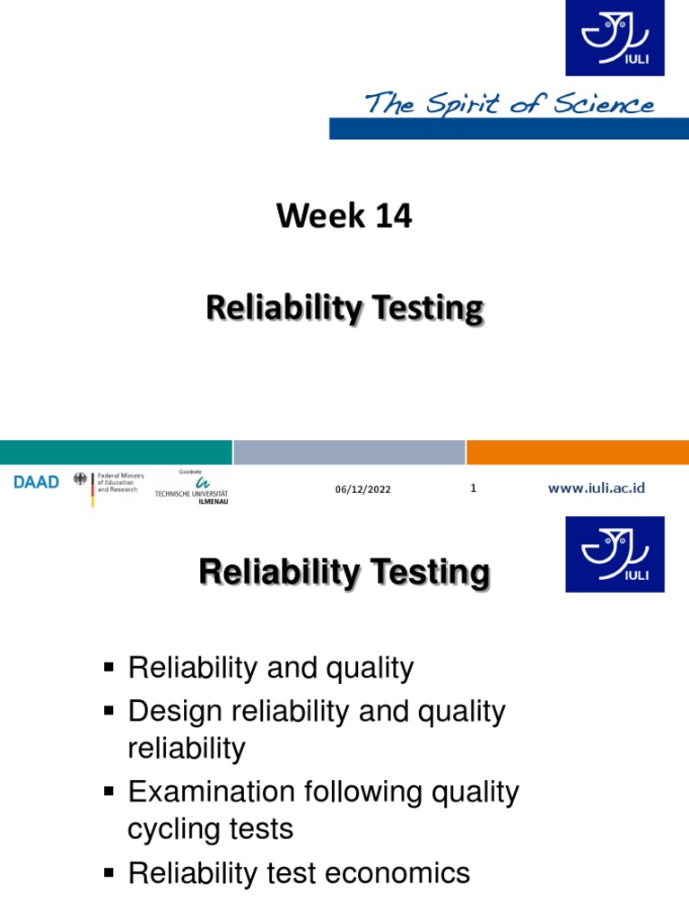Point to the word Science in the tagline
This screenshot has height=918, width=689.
605,106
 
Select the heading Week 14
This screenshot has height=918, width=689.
344,216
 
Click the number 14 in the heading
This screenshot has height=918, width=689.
392,216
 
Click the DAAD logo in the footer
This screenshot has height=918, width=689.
37,482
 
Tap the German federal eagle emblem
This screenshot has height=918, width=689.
83,481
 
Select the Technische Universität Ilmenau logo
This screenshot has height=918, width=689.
191,488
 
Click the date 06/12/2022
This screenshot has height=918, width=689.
363,489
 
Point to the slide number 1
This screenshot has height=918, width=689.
473,488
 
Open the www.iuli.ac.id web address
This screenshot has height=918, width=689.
597,488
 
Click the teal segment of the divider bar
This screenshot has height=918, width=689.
116,452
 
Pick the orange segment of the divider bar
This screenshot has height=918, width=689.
577,452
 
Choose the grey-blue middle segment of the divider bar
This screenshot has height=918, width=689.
349,452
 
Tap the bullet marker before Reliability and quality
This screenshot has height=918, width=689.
110,668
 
